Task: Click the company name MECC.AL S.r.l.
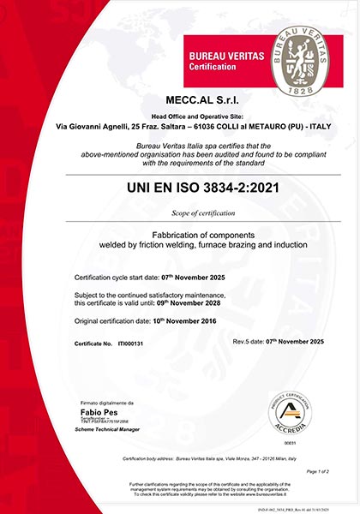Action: (x=180, y=103)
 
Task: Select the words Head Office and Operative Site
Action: (x=180, y=117)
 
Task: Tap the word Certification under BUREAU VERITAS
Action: (x=213, y=66)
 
